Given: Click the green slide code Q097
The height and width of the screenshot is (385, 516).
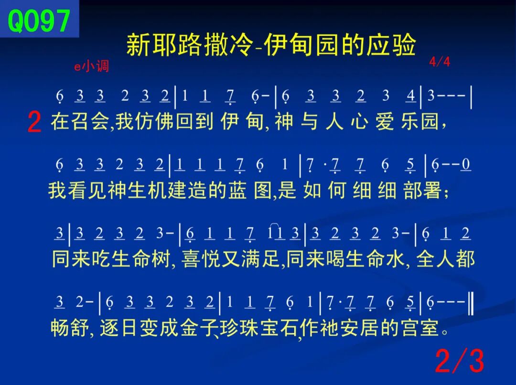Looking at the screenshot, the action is click(x=39, y=21).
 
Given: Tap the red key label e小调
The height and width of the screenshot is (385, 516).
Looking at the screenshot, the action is click(x=91, y=66).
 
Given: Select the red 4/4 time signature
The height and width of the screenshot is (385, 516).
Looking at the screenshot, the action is click(x=440, y=62).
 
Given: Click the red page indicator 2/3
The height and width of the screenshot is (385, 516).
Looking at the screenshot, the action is click(x=460, y=361).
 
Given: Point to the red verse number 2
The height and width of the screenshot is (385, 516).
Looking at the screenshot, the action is click(x=34, y=122).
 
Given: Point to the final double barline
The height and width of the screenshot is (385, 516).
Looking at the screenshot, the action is click(x=471, y=305).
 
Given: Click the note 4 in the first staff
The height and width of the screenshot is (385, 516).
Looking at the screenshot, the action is click(x=410, y=96).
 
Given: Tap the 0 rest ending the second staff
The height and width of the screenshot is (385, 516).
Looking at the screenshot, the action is click(x=466, y=164).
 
